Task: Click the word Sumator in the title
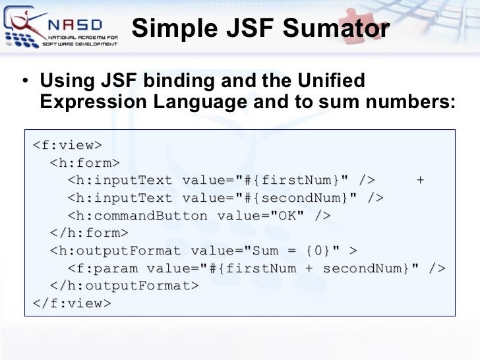tap(336, 28)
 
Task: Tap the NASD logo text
tap(75, 25)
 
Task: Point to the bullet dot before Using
tap(25, 81)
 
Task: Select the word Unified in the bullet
tap(331, 80)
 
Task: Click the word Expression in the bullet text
tap(94, 102)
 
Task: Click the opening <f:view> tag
tap(67, 145)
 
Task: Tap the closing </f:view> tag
tap(72, 303)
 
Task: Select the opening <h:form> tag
tap(85, 163)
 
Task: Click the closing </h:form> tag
tap(89, 233)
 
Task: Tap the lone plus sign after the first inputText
tap(420, 180)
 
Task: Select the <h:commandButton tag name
tap(137, 216)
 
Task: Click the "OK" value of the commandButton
tap(287, 216)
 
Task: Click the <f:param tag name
tap(103, 268)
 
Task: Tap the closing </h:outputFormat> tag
tap(124, 285)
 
